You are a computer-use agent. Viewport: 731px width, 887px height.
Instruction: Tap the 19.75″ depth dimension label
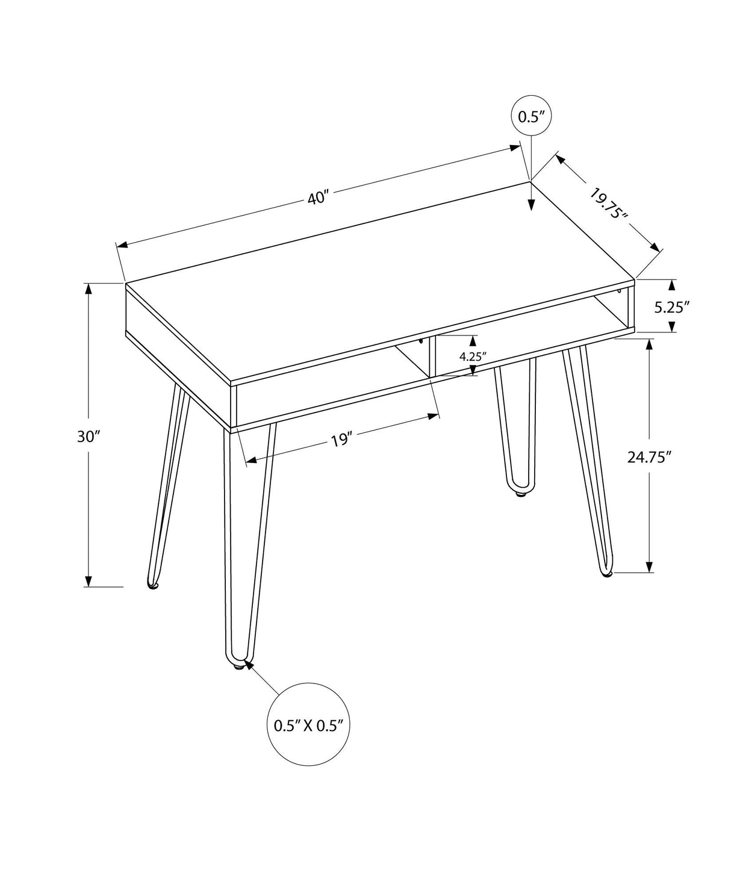pyautogui.click(x=609, y=205)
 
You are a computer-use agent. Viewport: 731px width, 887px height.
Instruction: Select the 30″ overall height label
pyautogui.click(x=88, y=437)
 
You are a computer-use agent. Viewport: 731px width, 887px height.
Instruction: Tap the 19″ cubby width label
pyautogui.click(x=340, y=440)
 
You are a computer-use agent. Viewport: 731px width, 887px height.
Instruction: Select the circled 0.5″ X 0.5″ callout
pyautogui.click(x=308, y=725)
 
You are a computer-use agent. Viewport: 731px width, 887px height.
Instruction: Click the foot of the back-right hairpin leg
pyautogui.click(x=520, y=494)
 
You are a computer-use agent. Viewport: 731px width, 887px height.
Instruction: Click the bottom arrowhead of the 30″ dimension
pyautogui.click(x=89, y=580)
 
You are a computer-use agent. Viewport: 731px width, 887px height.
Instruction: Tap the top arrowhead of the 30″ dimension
pyautogui.click(x=89, y=288)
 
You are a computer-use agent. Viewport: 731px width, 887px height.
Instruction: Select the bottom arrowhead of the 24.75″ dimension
pyautogui.click(x=649, y=567)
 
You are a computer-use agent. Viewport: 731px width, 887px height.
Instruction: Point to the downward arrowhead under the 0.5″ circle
pyautogui.click(x=530, y=205)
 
